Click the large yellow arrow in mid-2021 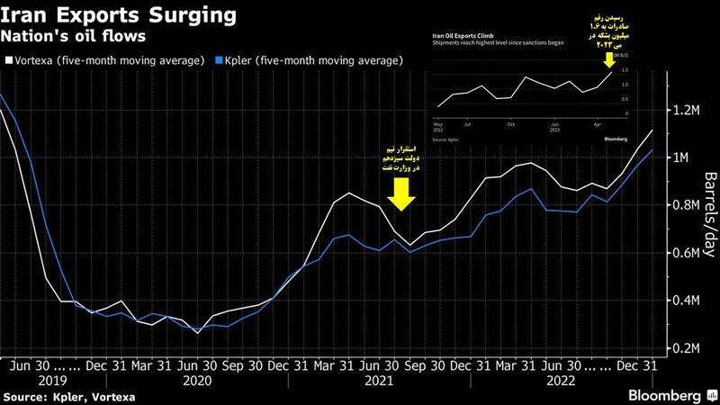[x=402, y=192]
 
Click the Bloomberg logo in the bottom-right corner [x=670, y=396]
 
